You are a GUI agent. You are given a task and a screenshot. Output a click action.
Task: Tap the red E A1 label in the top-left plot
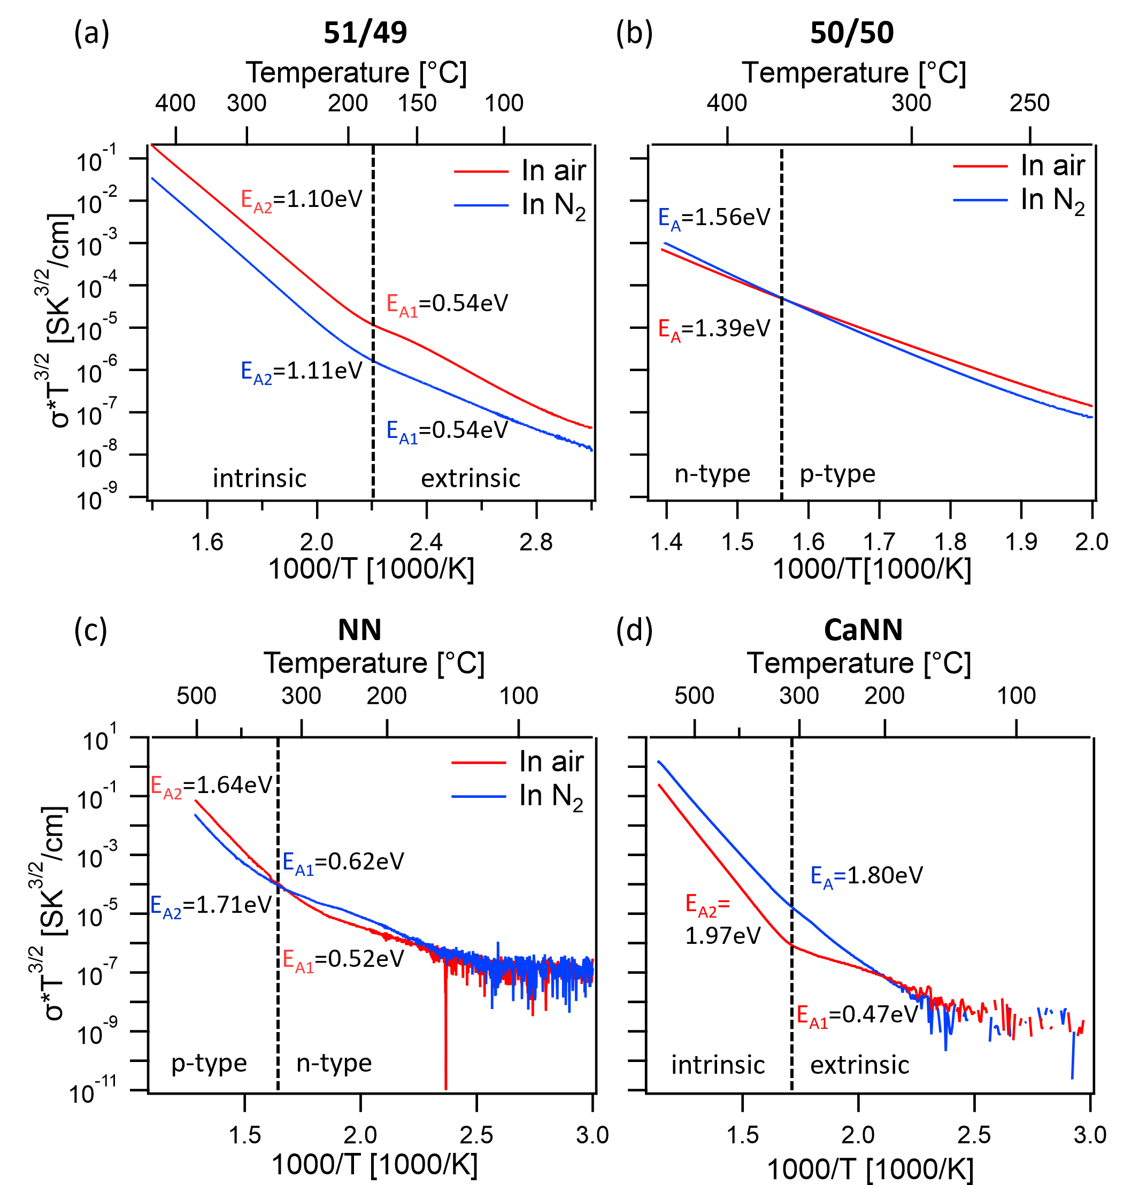click(402, 305)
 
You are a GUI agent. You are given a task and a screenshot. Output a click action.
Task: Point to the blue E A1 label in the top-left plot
click(402, 432)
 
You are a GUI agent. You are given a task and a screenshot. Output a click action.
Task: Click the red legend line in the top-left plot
click(481, 172)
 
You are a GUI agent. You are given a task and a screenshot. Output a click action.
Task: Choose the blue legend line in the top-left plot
click(481, 205)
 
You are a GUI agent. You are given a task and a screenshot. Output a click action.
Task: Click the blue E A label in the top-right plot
click(669, 219)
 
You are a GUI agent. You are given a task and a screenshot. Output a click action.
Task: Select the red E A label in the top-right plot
click(669, 330)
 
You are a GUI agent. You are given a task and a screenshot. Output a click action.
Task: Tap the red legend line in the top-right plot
click(980, 166)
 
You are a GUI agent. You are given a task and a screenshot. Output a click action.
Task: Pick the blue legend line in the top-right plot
click(980, 200)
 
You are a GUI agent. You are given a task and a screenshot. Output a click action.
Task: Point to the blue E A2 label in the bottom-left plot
click(166, 907)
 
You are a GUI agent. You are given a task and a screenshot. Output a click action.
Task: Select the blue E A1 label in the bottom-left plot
click(298, 864)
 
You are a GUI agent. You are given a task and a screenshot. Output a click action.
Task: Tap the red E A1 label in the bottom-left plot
click(298, 961)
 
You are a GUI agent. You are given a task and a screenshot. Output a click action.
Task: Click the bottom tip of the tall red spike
click(446, 1089)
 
